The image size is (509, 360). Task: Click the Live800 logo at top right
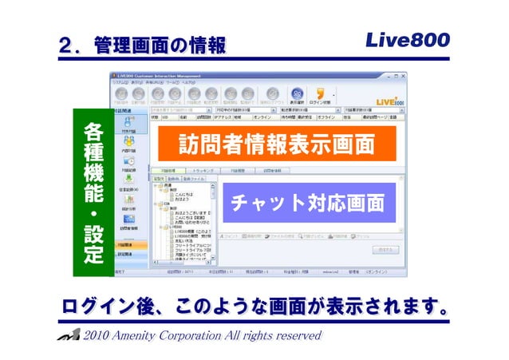(408, 39)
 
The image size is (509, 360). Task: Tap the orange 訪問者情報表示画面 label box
(275, 145)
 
